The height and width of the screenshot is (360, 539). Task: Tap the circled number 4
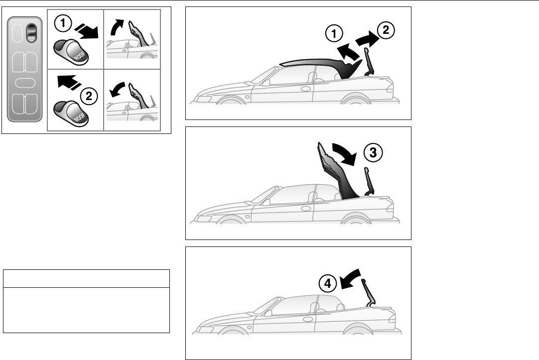pos(327,284)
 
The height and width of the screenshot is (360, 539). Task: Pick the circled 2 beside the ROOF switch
pos(89,97)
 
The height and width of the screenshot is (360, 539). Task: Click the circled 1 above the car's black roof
pos(334,34)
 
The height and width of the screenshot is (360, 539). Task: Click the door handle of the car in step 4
pos(308,318)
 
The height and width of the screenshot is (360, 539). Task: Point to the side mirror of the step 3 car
pos(267,202)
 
